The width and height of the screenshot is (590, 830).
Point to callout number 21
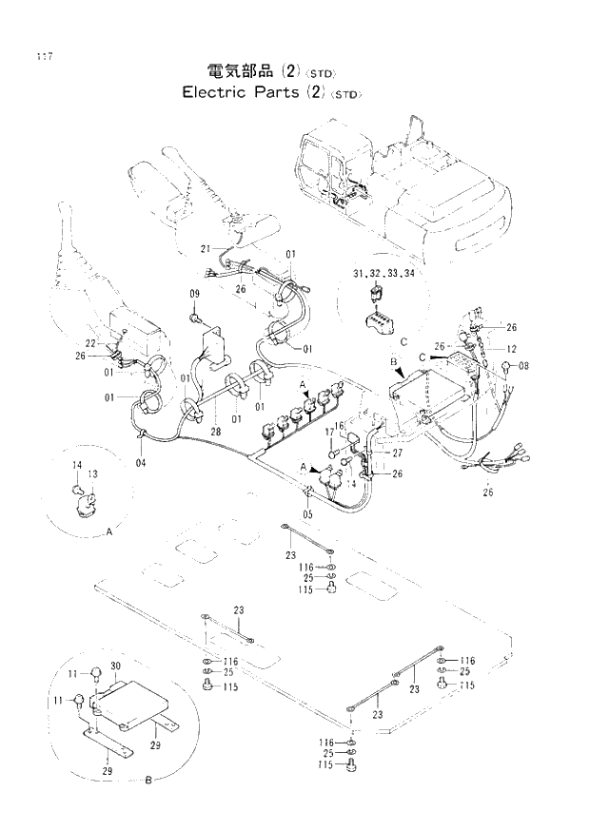[x=205, y=249]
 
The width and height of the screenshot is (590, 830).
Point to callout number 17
[x=330, y=433]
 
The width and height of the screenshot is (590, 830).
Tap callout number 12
[x=511, y=349]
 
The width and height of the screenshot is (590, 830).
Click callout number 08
[x=523, y=365]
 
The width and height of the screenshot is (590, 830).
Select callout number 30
[x=116, y=666]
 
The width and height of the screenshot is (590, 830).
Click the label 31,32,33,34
[x=383, y=273]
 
